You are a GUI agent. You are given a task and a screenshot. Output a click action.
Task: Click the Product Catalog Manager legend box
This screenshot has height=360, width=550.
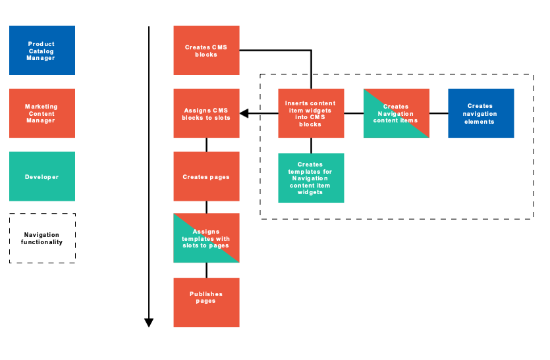(42, 51)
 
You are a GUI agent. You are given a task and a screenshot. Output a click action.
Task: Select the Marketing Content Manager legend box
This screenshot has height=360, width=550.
(42, 113)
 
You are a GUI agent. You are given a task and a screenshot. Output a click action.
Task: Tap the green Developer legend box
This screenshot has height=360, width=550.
(42, 176)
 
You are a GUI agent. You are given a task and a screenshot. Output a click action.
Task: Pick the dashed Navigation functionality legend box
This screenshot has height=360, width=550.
(42, 238)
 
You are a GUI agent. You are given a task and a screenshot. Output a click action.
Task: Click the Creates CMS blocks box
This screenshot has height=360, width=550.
(206, 50)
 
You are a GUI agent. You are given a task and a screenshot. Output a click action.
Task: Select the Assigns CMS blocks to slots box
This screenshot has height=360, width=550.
(206, 113)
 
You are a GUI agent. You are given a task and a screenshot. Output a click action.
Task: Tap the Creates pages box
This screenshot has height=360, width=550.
(206, 176)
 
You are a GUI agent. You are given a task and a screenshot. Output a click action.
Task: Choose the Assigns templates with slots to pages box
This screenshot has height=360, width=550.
(206, 238)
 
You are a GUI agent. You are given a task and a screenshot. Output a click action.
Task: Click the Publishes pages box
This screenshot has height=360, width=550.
(206, 302)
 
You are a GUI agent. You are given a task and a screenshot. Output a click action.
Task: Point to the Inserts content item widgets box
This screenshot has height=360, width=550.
(311, 113)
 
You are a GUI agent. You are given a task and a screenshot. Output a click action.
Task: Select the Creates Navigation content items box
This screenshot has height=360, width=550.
(396, 113)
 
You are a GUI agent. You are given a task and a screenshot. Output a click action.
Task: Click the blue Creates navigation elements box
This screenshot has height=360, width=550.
(481, 113)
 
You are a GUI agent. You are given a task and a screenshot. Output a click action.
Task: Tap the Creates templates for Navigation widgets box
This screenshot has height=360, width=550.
(311, 178)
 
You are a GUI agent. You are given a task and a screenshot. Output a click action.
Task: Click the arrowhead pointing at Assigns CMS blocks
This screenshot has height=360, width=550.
(244, 113)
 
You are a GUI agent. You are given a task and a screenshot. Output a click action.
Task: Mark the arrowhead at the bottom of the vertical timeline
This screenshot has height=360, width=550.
(149, 322)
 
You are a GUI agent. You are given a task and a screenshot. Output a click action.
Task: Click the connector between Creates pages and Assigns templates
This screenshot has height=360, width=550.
(207, 207)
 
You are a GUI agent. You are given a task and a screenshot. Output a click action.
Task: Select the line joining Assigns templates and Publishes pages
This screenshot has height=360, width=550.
(207, 270)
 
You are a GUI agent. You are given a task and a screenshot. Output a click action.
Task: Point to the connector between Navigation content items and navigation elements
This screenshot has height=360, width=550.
(439, 113)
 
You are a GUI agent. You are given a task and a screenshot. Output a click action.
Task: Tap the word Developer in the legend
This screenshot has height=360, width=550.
(42, 177)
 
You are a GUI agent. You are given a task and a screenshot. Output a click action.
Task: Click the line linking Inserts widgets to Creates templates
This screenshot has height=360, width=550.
(312, 145)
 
